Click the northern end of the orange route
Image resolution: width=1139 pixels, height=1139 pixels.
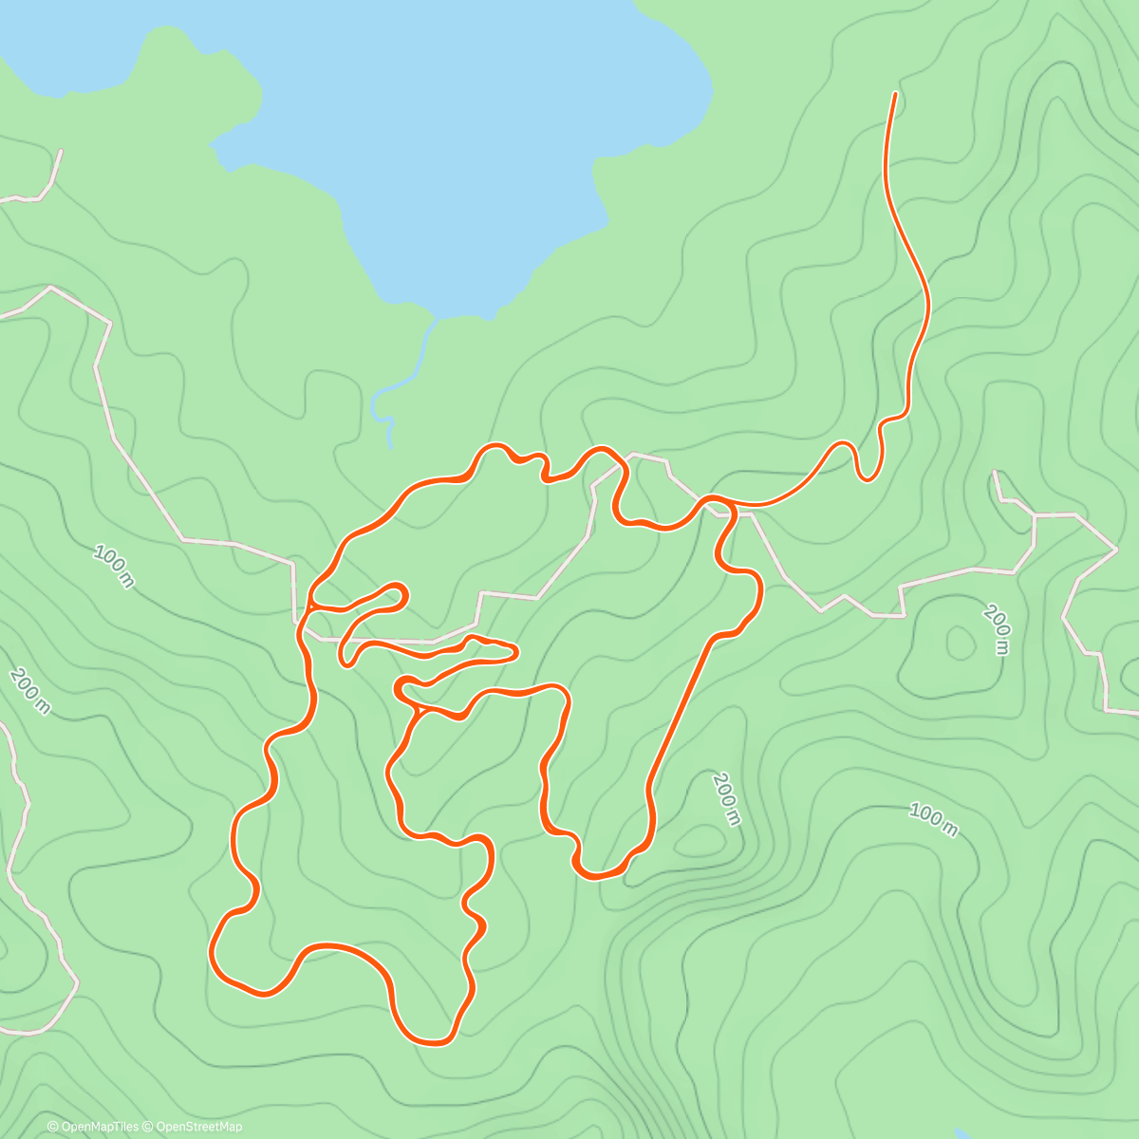click(894, 95)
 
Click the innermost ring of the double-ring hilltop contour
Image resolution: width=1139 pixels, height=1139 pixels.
click(960, 644)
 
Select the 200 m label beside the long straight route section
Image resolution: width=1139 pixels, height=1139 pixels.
click(725, 798)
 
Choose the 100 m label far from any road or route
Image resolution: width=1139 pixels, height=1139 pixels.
click(933, 819)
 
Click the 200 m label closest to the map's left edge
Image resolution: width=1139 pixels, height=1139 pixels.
click(29, 691)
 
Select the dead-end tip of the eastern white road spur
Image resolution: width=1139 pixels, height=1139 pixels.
click(994, 472)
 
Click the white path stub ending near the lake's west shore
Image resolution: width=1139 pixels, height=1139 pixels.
click(61, 151)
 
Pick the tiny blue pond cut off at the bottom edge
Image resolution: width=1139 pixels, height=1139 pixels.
click(959, 1134)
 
